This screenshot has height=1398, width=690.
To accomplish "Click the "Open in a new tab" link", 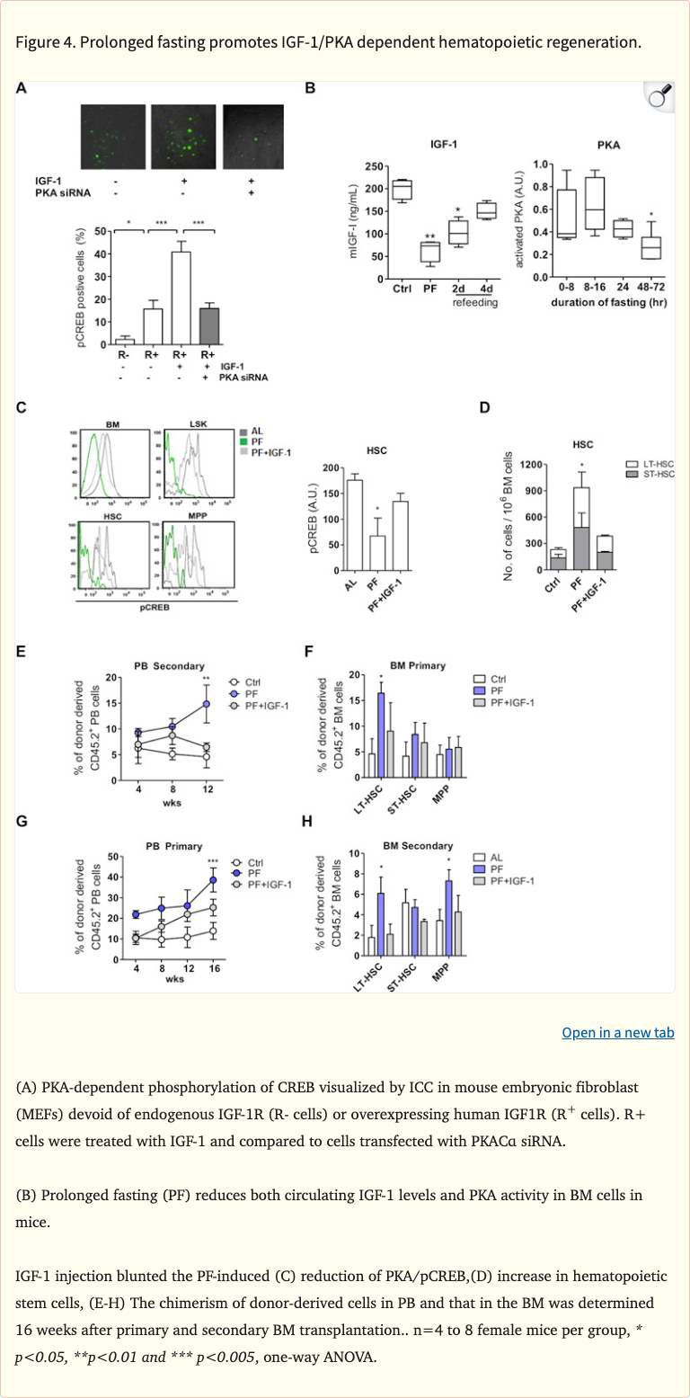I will [617, 1032].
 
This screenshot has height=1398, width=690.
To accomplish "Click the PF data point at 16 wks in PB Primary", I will [214, 880].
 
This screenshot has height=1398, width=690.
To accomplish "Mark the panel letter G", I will [22, 821].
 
